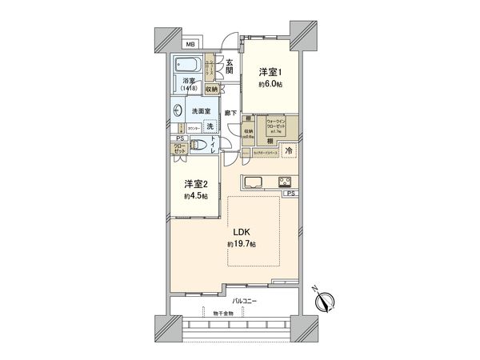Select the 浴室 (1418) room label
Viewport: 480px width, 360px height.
[x=190, y=86]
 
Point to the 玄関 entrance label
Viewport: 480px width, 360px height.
[x=230, y=66]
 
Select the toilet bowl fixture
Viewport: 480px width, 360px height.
[x=201, y=146]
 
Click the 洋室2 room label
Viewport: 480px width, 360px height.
[x=192, y=183]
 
